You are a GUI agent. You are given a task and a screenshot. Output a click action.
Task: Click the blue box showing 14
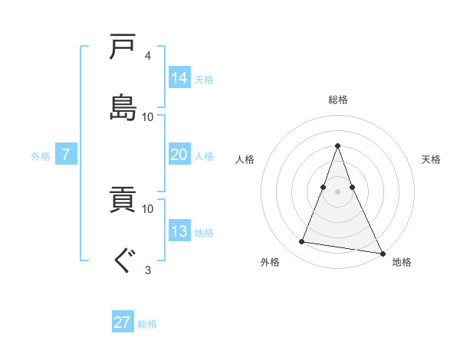[179, 77]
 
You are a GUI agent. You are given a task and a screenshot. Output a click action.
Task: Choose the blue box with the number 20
[179, 155]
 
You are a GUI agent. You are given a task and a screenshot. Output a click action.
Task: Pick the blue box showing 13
[179, 231]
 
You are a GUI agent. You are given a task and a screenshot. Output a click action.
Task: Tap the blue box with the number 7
[66, 155]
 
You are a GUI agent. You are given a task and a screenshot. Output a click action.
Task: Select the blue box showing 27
[123, 322]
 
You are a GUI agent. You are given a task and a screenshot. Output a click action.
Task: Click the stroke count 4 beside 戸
[147, 56]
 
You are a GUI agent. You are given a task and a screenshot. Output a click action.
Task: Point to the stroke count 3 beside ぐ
[147, 269]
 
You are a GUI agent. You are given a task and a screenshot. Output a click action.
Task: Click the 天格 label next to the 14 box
[204, 79]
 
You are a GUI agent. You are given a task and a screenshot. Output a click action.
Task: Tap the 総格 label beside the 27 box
[147, 324]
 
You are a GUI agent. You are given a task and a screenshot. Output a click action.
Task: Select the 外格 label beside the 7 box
[41, 156]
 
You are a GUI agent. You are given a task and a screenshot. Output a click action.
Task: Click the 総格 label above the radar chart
[338, 100]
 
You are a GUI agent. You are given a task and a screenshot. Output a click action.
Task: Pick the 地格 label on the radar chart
[402, 262]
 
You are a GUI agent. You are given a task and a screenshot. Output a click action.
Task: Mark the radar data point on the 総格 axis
[338, 146]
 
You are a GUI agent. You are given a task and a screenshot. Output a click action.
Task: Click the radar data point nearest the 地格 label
[382, 253]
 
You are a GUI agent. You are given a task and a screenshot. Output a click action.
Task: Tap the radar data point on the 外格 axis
[302, 242]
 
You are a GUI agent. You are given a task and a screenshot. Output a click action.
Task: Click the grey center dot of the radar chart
[338, 191]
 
